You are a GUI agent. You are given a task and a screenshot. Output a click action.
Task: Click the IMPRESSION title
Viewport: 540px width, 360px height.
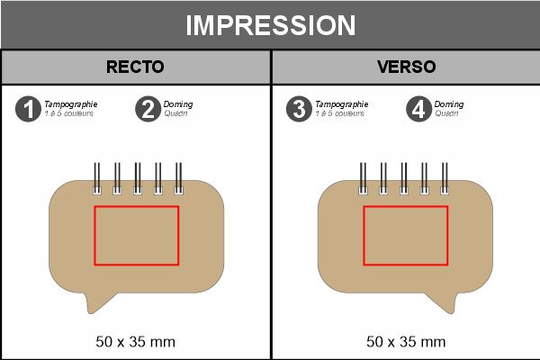coord(270,25)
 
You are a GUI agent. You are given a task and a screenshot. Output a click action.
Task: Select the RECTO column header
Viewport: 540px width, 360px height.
coord(135,67)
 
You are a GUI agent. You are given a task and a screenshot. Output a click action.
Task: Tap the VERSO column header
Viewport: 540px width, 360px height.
coord(405,67)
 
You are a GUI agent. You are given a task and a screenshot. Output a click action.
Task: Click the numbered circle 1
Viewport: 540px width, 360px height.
coord(29,109)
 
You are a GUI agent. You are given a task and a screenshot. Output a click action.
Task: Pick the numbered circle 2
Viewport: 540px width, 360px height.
coord(148,109)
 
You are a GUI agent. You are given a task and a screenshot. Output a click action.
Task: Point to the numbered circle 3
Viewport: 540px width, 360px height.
coord(298,109)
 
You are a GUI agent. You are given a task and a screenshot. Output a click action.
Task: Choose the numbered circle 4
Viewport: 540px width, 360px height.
coord(417,109)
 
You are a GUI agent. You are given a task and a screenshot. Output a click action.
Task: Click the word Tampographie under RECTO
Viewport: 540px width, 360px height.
coord(71,104)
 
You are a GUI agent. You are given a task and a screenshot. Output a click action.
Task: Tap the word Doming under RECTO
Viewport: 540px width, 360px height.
coord(178,104)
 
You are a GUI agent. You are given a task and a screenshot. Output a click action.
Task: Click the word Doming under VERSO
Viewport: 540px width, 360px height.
coord(448,104)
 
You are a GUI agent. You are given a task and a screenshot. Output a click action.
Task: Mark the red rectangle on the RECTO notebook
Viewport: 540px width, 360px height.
coord(136,235)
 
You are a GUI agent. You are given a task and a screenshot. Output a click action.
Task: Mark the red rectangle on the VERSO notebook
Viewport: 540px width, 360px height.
coord(405,235)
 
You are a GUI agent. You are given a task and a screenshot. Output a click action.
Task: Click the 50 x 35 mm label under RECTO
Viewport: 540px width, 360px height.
coord(135,342)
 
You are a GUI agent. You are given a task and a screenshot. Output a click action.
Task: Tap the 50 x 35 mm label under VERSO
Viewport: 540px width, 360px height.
coord(405,342)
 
